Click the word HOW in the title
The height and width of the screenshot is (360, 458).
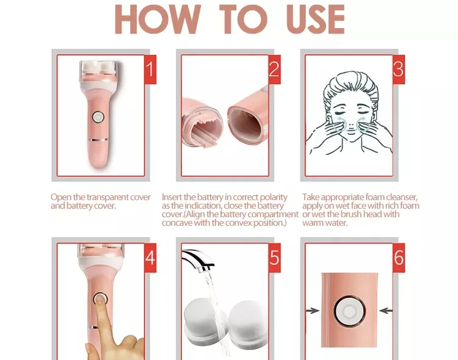click(158, 20)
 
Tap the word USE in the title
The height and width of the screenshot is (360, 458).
click(316, 20)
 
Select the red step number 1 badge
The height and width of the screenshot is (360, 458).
click(150, 69)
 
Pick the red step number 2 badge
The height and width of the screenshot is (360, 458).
click(274, 69)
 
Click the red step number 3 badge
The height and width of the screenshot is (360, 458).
click(398, 69)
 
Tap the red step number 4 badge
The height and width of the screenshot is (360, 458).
click(150, 258)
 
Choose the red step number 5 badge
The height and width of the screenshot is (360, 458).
click(274, 258)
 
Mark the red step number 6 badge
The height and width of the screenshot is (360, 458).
click(398, 258)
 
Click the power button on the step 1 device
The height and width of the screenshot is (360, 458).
click(98, 117)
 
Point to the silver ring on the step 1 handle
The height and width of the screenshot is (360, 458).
click(98, 140)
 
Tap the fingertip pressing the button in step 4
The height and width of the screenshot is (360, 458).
click(101, 299)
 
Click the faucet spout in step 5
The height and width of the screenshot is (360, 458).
click(198, 259)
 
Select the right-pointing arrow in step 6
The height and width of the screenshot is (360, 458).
click(313, 311)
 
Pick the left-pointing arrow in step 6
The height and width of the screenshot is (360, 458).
click(386, 311)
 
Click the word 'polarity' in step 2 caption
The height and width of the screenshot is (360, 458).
click(274, 197)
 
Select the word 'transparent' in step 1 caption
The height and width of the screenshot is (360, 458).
click(107, 197)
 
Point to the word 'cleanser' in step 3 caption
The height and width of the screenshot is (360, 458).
click(402, 197)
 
